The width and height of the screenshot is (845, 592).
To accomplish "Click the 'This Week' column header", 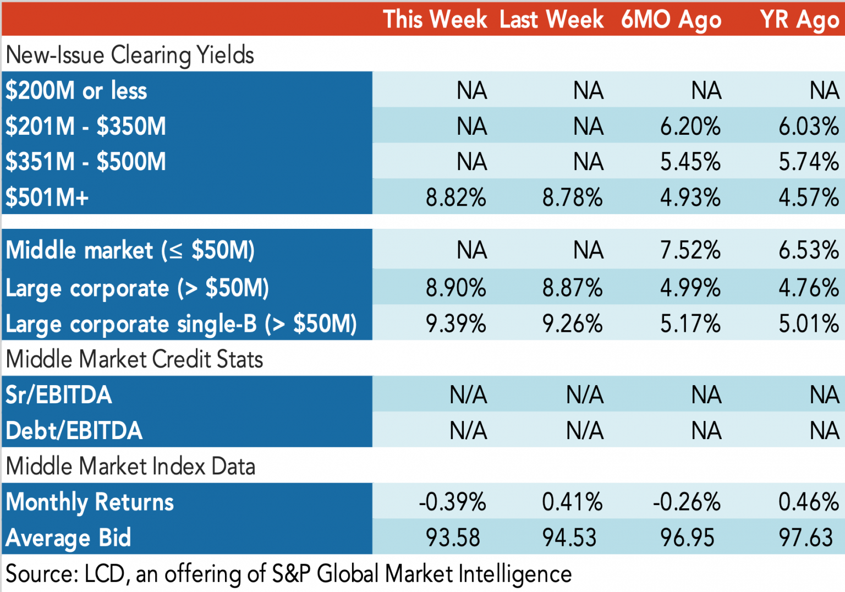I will [x=435, y=19].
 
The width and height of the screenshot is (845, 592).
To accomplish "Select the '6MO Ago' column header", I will [x=671, y=19].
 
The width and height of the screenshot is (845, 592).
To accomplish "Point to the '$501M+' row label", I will [x=47, y=197].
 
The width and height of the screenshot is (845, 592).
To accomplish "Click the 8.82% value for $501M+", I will [x=456, y=197].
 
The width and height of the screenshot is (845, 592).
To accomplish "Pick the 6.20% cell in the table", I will [x=690, y=127].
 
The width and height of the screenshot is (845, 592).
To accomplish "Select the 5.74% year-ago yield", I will [x=808, y=162].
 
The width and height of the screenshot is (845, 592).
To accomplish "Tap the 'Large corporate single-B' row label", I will [x=181, y=324].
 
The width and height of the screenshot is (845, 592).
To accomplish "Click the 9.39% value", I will [x=456, y=324].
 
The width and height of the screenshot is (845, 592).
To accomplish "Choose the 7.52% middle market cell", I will [x=690, y=250].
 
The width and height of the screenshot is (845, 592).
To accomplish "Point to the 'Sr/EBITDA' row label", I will [x=59, y=395].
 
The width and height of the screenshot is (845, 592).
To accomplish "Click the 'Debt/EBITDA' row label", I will [x=74, y=430].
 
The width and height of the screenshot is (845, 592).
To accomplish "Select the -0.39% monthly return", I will [x=452, y=502].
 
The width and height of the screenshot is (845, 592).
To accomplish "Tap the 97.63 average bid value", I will [x=806, y=538].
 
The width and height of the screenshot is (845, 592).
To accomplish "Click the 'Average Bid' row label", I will [x=69, y=538].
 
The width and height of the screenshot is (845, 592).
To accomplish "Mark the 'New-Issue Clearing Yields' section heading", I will [x=130, y=55].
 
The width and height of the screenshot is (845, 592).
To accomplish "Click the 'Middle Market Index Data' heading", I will [x=130, y=466].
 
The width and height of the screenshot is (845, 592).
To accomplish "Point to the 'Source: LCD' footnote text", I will [x=288, y=574].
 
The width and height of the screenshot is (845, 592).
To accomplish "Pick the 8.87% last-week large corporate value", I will [x=572, y=288].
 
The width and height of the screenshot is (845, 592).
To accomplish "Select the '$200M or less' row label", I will [x=76, y=91].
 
